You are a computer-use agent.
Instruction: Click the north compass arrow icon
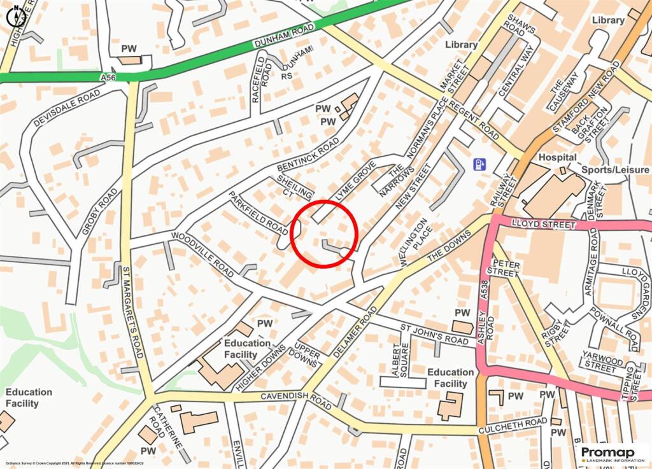coord(15,16)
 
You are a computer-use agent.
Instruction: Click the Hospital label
coord(557,157)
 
